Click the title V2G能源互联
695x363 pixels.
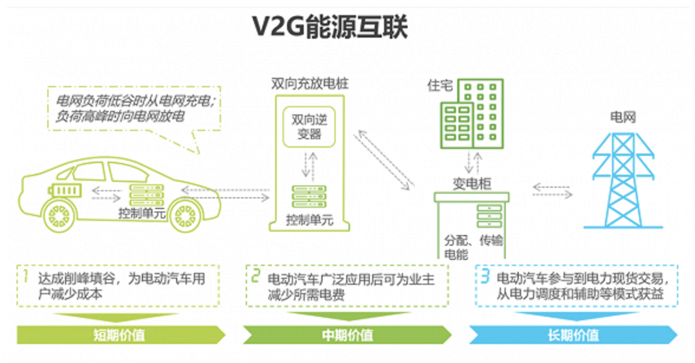tap(329, 26)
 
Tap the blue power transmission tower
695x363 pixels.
tap(623, 181)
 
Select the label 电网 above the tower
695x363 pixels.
tap(623, 117)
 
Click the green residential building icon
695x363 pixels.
tap(472, 113)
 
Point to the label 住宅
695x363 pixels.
tap(440, 85)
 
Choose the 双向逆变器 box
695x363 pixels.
tap(309, 126)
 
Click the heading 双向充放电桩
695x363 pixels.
tap(310, 84)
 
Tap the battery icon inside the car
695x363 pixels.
tap(65, 191)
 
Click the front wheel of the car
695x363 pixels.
tap(186, 217)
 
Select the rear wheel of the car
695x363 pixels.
tap(59, 217)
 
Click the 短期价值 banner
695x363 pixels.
tap(120, 335)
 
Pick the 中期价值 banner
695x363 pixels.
tap(347, 335)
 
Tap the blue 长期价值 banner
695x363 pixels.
tap(573, 335)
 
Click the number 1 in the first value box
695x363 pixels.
tap(26, 277)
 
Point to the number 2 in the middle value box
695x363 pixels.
tap(255, 277)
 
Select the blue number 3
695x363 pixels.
tap(485, 277)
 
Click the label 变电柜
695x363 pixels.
tap(472, 184)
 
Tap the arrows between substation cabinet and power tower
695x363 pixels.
tap(552, 191)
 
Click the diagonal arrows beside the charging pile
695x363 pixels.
tap(384, 160)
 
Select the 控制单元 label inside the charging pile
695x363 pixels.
tap(309, 220)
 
